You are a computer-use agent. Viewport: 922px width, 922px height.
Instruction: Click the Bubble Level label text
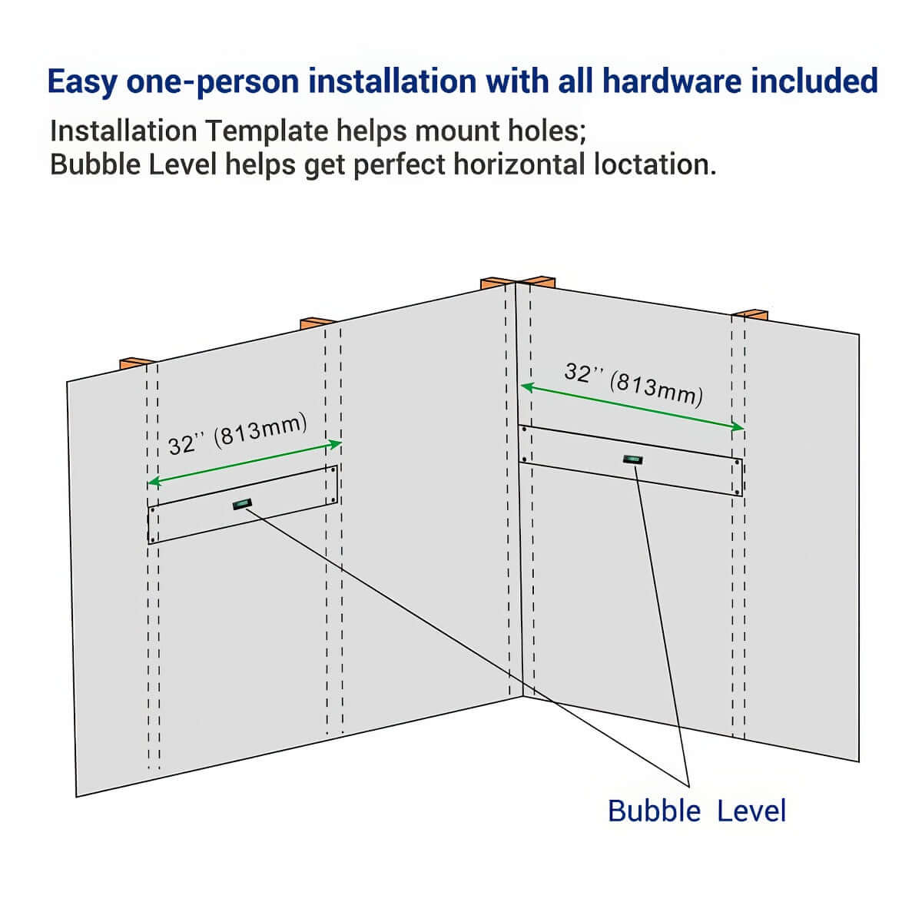point(696,811)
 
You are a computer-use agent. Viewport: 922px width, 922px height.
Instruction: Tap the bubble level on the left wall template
point(242,504)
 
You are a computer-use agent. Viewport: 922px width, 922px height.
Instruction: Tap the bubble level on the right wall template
point(633,460)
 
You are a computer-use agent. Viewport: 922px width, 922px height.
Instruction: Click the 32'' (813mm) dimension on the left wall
point(237,434)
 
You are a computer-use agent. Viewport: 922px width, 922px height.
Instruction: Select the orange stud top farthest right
point(750,313)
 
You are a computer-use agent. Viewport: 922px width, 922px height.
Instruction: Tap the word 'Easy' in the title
point(82,81)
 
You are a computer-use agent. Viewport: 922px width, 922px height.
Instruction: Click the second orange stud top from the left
point(317,322)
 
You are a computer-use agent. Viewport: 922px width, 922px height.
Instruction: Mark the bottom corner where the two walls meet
point(523,697)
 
